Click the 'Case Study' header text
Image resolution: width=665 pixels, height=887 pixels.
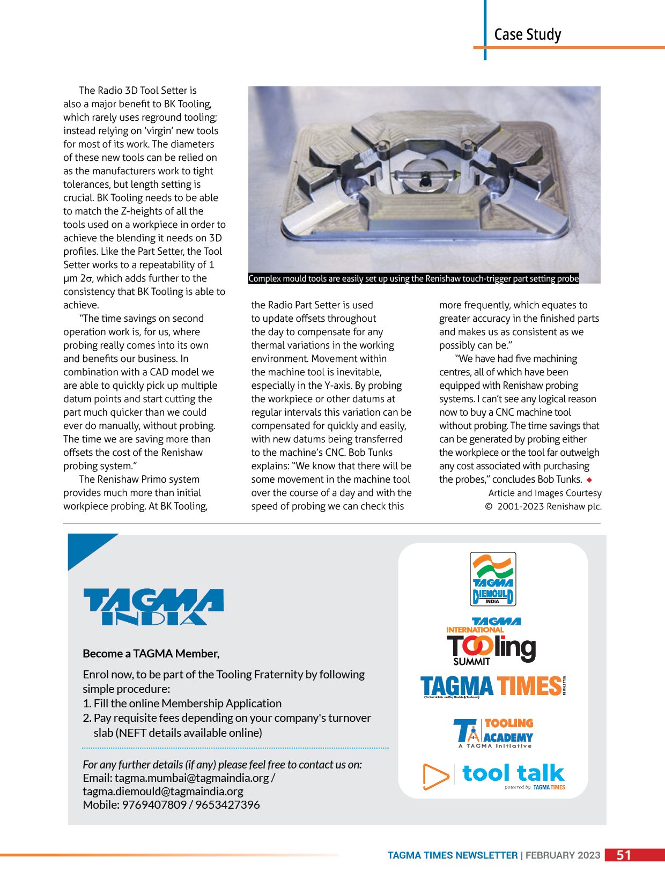pyautogui.click(x=527, y=35)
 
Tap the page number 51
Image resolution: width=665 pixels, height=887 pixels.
pyautogui.click(x=624, y=855)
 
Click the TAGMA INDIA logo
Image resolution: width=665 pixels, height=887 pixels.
pyautogui.click(x=153, y=607)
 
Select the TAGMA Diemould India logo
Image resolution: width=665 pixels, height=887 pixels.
pyautogui.click(x=493, y=579)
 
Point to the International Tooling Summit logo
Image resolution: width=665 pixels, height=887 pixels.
pyautogui.click(x=491, y=642)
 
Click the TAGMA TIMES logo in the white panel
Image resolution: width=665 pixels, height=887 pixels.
pyautogui.click(x=491, y=686)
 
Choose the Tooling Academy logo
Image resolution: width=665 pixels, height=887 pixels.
pyautogui.click(x=493, y=733)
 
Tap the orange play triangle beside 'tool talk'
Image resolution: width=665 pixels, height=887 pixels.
pyautogui.click(x=435, y=776)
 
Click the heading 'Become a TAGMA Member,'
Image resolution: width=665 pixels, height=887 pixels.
pyautogui.click(x=151, y=654)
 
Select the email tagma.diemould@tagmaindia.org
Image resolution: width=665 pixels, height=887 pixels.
pyautogui.click(x=163, y=792)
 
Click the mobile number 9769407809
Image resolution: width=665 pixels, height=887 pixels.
pyautogui.click(x=154, y=805)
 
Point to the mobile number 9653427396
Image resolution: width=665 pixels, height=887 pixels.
pyautogui.click(x=227, y=805)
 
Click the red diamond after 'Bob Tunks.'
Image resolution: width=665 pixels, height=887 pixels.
pyautogui.click(x=589, y=479)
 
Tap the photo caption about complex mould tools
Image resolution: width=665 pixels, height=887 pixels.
pyautogui.click(x=413, y=278)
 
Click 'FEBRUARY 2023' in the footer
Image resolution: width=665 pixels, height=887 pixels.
pyautogui.click(x=563, y=855)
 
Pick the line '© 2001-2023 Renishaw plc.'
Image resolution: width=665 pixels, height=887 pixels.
pyautogui.click(x=543, y=506)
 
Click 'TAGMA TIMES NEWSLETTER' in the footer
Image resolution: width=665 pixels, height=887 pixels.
pyautogui.click(x=453, y=855)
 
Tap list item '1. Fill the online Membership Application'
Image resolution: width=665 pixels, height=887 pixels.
pyautogui.click(x=182, y=704)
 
